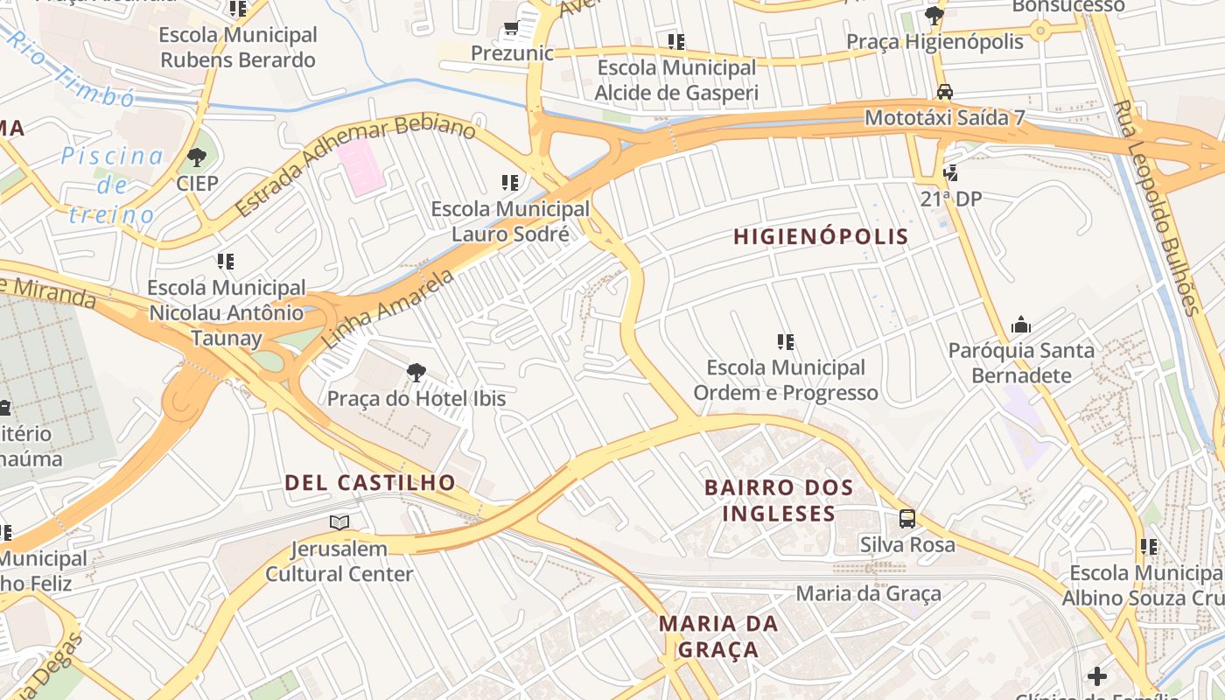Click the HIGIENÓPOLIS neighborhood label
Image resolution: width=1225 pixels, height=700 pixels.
[x=821, y=236]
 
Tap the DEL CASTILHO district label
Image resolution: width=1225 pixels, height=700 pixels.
[x=370, y=482]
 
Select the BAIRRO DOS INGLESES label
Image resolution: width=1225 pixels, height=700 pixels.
[x=779, y=500]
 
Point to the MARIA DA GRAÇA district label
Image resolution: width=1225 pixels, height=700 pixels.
[x=718, y=636]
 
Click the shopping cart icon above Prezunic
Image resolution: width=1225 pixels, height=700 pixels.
[x=512, y=30]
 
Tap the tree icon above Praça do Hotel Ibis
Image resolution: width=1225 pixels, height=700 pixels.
[x=416, y=373]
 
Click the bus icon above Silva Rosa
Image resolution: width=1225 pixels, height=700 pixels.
[x=907, y=519]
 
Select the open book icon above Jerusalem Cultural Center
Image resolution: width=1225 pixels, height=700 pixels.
[x=339, y=523]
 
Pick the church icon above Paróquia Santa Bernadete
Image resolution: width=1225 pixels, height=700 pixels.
[x=1021, y=325]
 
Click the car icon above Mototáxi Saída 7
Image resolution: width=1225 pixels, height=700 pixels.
[x=945, y=92]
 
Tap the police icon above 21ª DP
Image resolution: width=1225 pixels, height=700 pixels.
[x=951, y=173]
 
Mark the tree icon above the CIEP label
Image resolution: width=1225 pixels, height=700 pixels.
[x=197, y=157]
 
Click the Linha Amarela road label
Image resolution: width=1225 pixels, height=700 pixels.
[x=388, y=308]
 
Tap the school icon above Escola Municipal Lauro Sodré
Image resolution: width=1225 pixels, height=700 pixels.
[x=510, y=183]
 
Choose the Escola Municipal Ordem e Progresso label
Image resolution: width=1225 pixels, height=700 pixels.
[x=786, y=380]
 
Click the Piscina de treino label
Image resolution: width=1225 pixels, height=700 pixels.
[x=112, y=185]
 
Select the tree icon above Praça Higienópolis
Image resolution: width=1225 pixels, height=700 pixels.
[x=934, y=16]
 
